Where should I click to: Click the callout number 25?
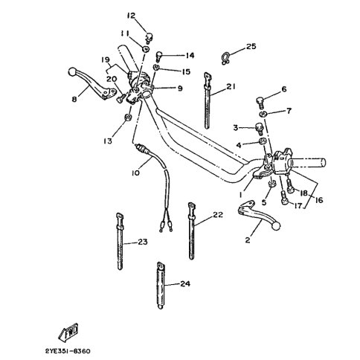coord(251,46)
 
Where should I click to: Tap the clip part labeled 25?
coord(225,59)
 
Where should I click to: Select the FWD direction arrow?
coord(68,332)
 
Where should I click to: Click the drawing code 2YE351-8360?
coord(68,351)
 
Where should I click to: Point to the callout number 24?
coord(185,283)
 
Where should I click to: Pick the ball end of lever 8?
coord(71,71)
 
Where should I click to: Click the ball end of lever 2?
coord(276,226)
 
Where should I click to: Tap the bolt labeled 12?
coord(149,38)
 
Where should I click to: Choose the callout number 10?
coord(135,173)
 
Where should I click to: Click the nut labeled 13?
coord(128,118)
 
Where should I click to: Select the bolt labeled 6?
coord(260,103)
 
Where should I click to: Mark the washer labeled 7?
coord(263,114)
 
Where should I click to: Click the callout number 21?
coord(231,86)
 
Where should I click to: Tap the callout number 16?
coord(319,200)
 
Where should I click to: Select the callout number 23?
coord(143,242)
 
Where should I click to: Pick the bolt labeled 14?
coord(158,57)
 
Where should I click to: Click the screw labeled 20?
coord(120,99)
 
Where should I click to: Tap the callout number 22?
coord(218,215)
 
